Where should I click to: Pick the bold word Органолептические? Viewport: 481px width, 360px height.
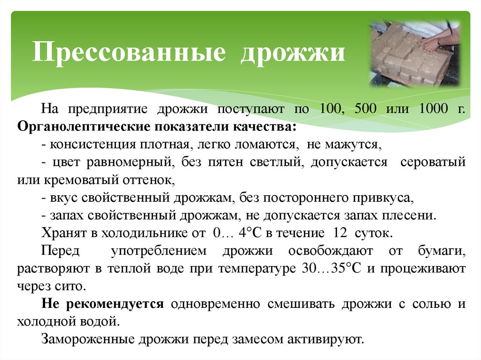[84, 127]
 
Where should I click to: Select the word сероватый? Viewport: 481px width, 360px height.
[433, 162]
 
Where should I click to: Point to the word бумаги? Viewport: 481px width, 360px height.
[442, 251]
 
